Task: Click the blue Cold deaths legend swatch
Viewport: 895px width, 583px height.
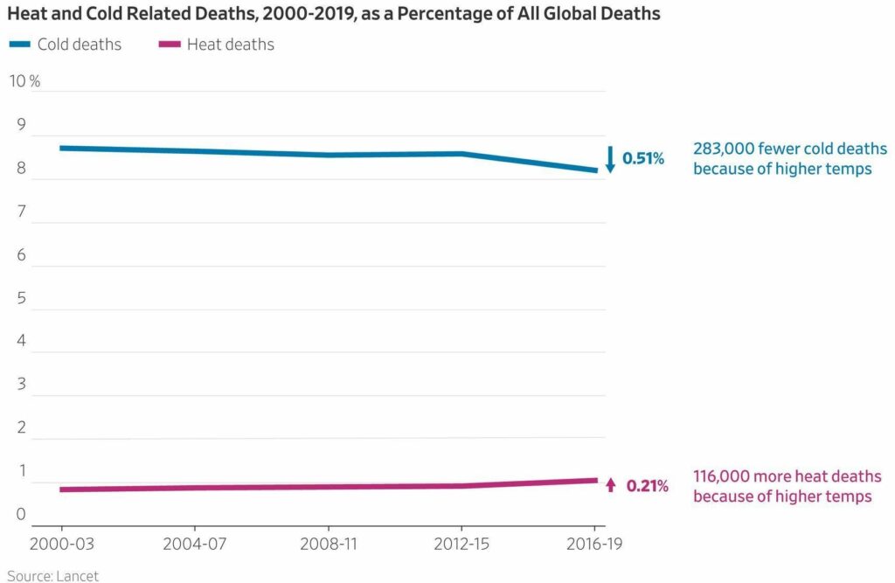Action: pos(20,44)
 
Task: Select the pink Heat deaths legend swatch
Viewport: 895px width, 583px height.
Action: pos(170,44)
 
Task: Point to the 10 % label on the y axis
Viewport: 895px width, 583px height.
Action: pos(25,81)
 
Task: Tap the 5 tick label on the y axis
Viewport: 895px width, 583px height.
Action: pos(22,298)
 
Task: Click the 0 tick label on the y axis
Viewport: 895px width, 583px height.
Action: pos(21,514)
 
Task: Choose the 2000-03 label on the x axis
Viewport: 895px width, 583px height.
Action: pos(62,544)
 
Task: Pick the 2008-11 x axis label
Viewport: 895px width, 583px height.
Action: pos(329,544)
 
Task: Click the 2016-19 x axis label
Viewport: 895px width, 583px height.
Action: pos(594,544)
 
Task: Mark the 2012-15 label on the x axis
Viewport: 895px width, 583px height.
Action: pos(461,544)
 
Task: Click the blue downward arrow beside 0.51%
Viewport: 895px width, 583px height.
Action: pos(610,159)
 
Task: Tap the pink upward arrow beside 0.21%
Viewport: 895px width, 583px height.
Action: pos(611,485)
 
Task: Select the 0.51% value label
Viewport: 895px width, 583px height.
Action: pos(643,158)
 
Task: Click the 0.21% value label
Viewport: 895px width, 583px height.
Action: pos(648,486)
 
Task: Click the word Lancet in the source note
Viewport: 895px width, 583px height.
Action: pos(78,576)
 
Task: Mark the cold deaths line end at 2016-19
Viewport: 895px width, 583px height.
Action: pos(596,170)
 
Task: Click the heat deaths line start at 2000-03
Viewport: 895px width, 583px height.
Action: pos(61,489)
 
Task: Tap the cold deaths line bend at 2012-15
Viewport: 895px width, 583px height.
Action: pos(461,154)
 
